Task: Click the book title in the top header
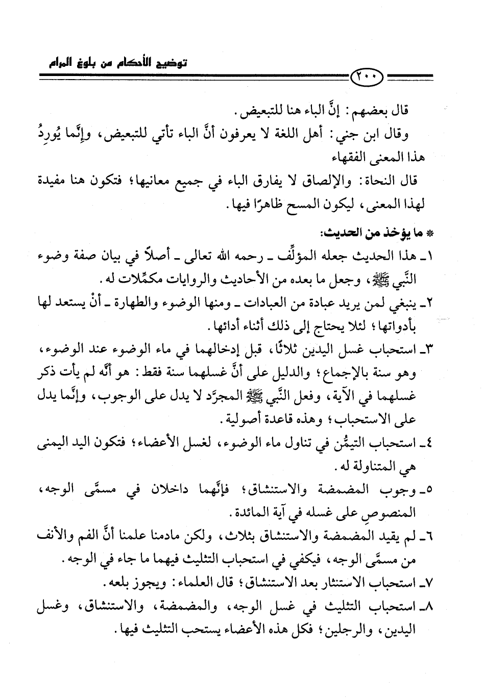pos(123,63)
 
